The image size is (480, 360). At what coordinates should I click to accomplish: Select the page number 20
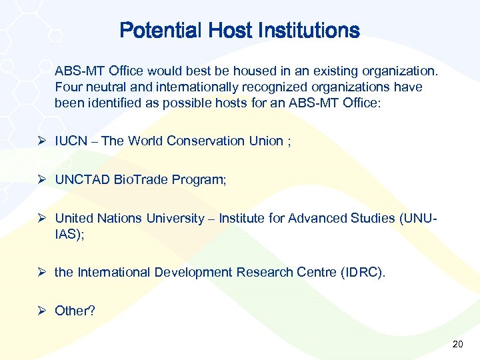coord(457,344)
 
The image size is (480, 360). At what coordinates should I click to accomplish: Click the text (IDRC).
coord(363,272)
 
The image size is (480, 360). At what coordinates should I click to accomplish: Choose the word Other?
coord(75,311)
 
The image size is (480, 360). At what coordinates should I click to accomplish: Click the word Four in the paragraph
coord(68,87)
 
